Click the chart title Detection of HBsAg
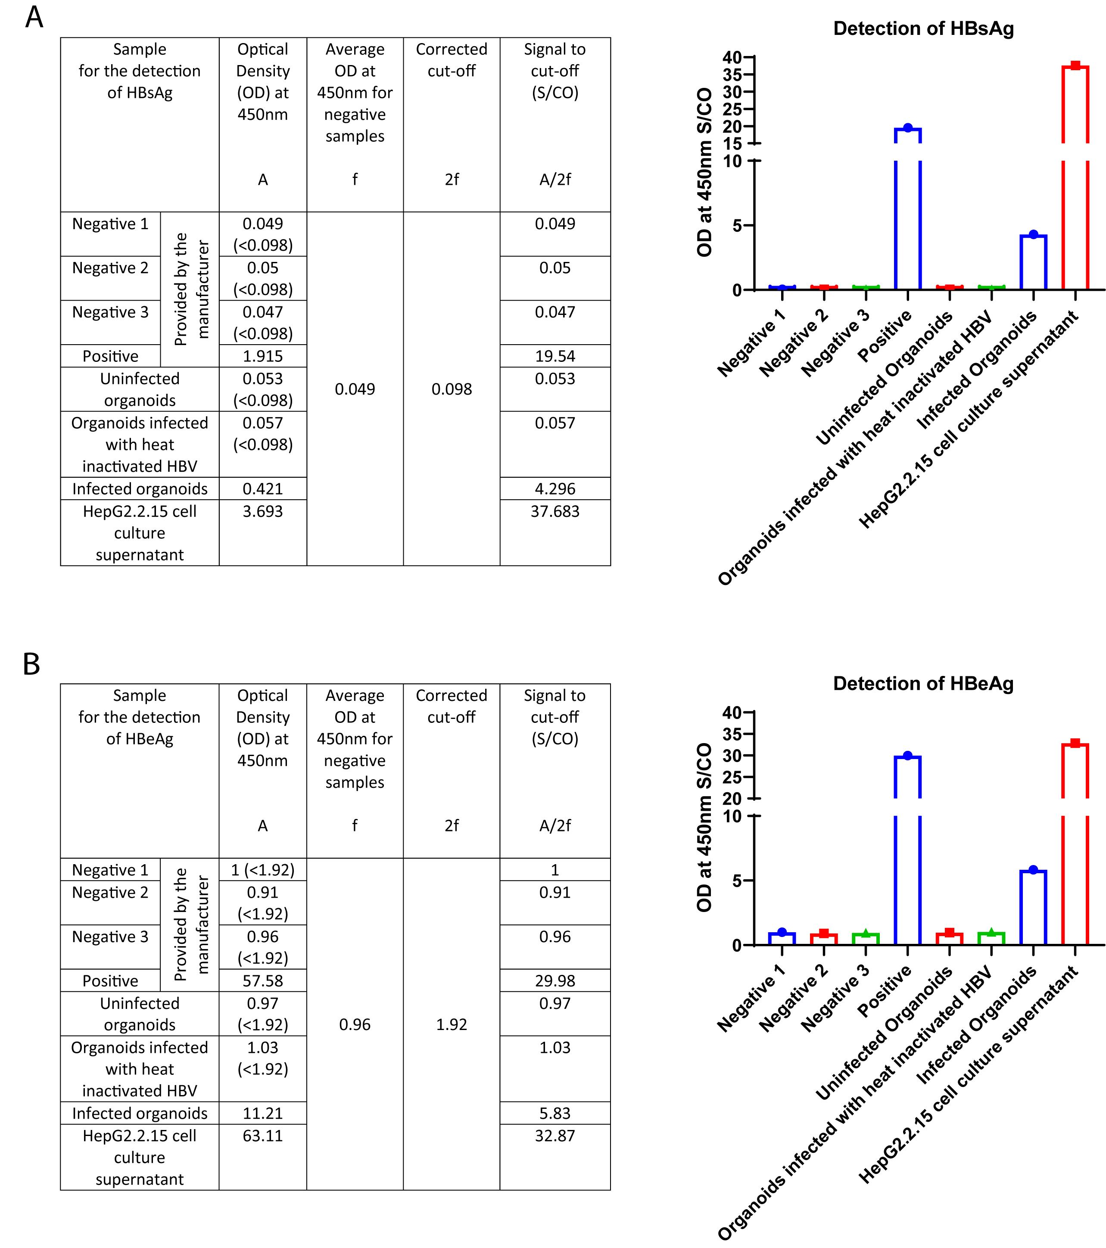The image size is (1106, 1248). pos(923,29)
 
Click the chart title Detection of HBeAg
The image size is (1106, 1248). pos(923,683)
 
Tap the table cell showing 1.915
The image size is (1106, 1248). pos(263,356)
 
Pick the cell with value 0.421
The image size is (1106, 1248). pos(263,489)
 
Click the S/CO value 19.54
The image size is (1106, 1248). pos(555,356)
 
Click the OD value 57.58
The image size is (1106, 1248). pos(263,980)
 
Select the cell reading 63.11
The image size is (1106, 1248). pos(263,1136)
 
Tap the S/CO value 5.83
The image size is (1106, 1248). pos(555,1113)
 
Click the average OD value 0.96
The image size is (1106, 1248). pos(355,1024)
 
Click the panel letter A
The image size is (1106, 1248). pos(34,17)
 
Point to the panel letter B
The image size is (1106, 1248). pos(32,664)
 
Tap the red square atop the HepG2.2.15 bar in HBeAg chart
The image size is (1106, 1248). pos(1075,743)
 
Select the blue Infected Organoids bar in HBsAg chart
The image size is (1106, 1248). pos(1033,262)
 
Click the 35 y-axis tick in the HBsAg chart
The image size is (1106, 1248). pos(732,75)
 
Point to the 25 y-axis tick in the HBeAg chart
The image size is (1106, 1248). pos(732,777)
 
